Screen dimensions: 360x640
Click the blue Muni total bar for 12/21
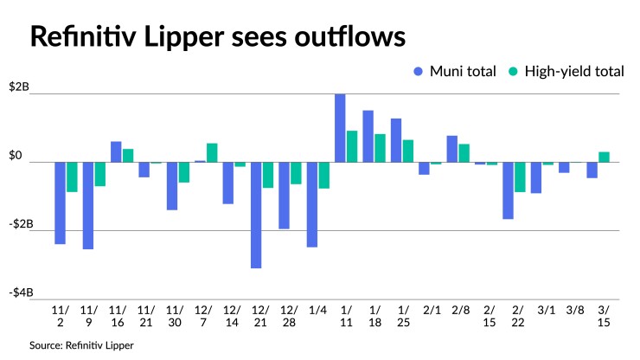point(256,215)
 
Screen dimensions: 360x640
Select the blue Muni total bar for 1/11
point(341,128)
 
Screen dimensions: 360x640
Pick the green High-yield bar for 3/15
point(605,157)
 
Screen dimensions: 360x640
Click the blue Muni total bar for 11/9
point(88,205)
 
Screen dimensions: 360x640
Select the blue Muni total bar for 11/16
point(116,151)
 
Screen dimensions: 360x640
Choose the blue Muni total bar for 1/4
point(312,204)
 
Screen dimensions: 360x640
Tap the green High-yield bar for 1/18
point(380,148)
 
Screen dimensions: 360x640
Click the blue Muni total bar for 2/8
point(452,149)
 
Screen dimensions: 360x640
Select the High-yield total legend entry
point(567,71)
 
